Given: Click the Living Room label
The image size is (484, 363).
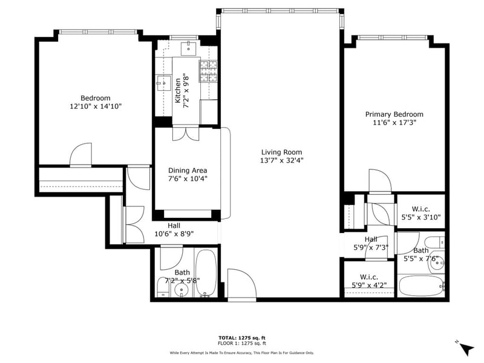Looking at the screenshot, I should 281,152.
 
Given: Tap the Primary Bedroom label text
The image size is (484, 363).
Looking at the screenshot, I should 394,114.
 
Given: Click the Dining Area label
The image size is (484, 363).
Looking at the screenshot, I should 188,171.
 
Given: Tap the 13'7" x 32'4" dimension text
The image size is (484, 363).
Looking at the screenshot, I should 281,161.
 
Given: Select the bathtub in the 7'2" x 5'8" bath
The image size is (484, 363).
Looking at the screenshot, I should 205,273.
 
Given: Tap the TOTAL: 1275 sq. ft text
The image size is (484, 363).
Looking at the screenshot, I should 241,338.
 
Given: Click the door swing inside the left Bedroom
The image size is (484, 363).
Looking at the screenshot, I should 81,155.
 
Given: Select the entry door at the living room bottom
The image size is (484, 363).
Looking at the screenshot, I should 241,284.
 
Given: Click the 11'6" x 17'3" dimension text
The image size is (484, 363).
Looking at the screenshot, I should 394,123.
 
